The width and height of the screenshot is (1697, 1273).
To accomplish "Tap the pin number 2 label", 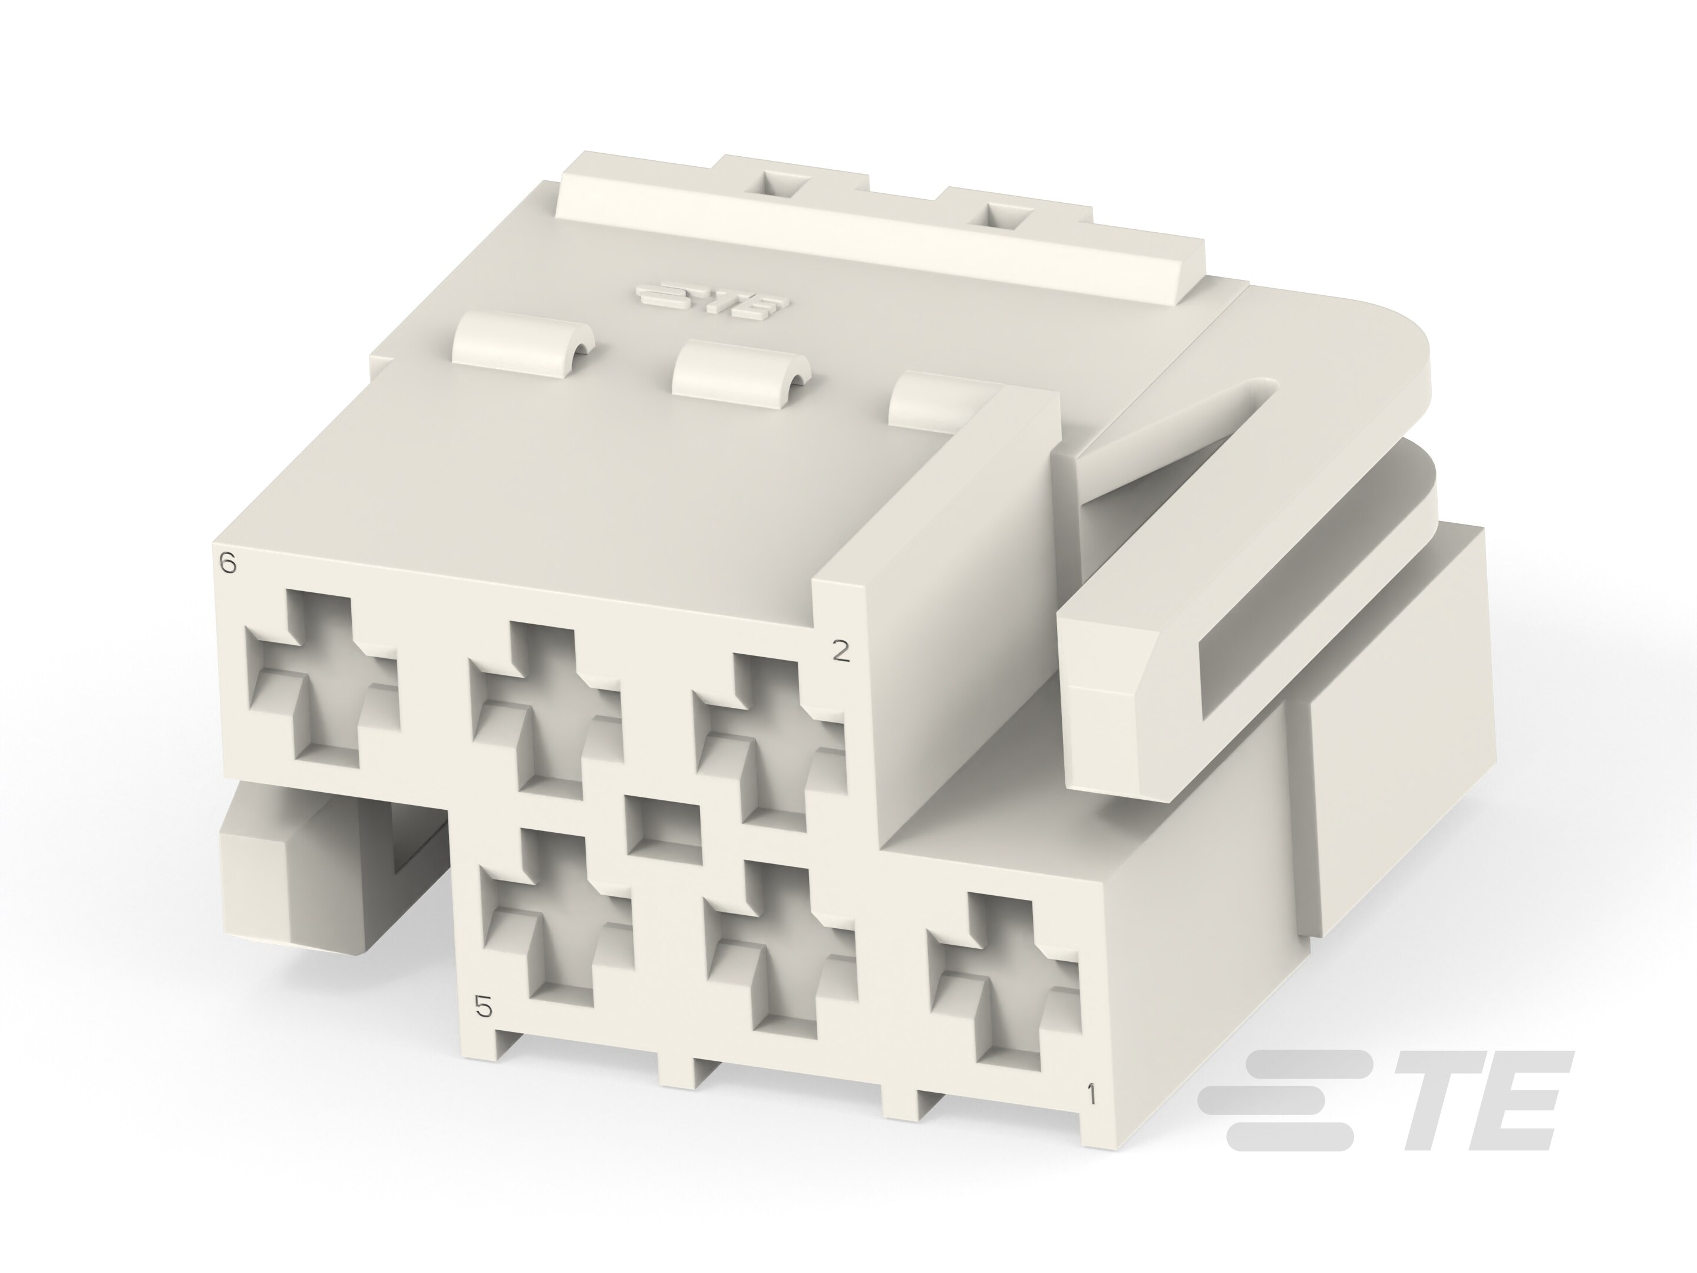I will (x=841, y=651).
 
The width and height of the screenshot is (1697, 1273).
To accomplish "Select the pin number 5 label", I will (x=483, y=1006).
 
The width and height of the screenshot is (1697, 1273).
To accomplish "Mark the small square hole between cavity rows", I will (x=663, y=826).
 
